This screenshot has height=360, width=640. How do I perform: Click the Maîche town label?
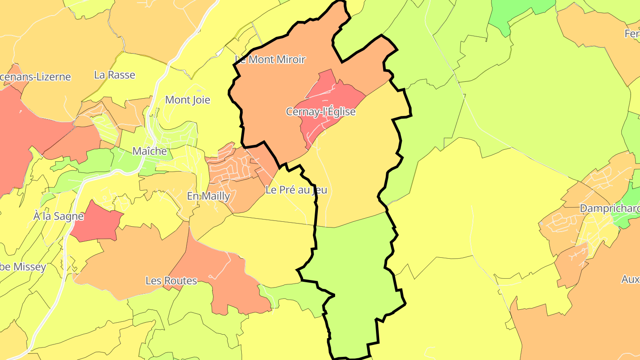click(x=149, y=151)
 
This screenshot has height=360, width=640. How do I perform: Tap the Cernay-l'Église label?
click(x=320, y=112)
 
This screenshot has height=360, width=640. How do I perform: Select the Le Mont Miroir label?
click(x=270, y=60)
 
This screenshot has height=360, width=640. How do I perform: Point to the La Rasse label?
click(x=115, y=75)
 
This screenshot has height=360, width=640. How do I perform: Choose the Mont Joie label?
click(x=188, y=100)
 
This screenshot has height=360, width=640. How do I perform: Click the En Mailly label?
click(x=208, y=196)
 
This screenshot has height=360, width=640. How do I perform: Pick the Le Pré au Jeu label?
click(x=296, y=190)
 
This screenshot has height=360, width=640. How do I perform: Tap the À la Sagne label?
click(x=59, y=216)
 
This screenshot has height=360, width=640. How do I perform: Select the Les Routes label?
click(x=171, y=281)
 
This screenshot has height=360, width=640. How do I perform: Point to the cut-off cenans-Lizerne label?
click(x=36, y=77)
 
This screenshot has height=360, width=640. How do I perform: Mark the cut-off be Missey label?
click(x=23, y=267)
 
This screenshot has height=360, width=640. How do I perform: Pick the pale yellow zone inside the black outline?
click(x=356, y=178)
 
